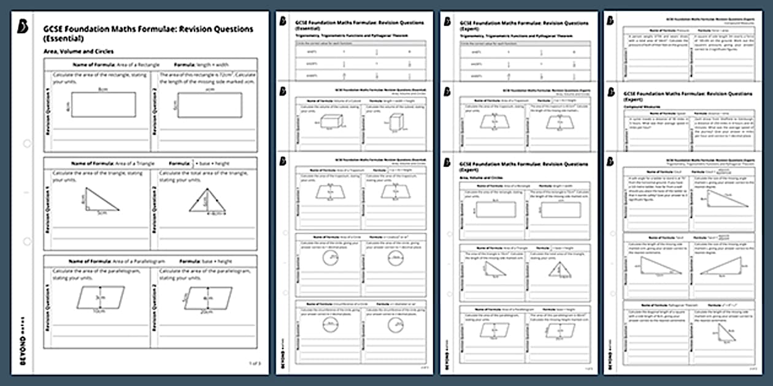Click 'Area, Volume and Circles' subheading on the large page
(x=79, y=52)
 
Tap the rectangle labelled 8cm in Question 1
(x=102, y=104)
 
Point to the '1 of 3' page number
(x=255, y=363)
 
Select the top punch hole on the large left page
(x=27, y=143)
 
